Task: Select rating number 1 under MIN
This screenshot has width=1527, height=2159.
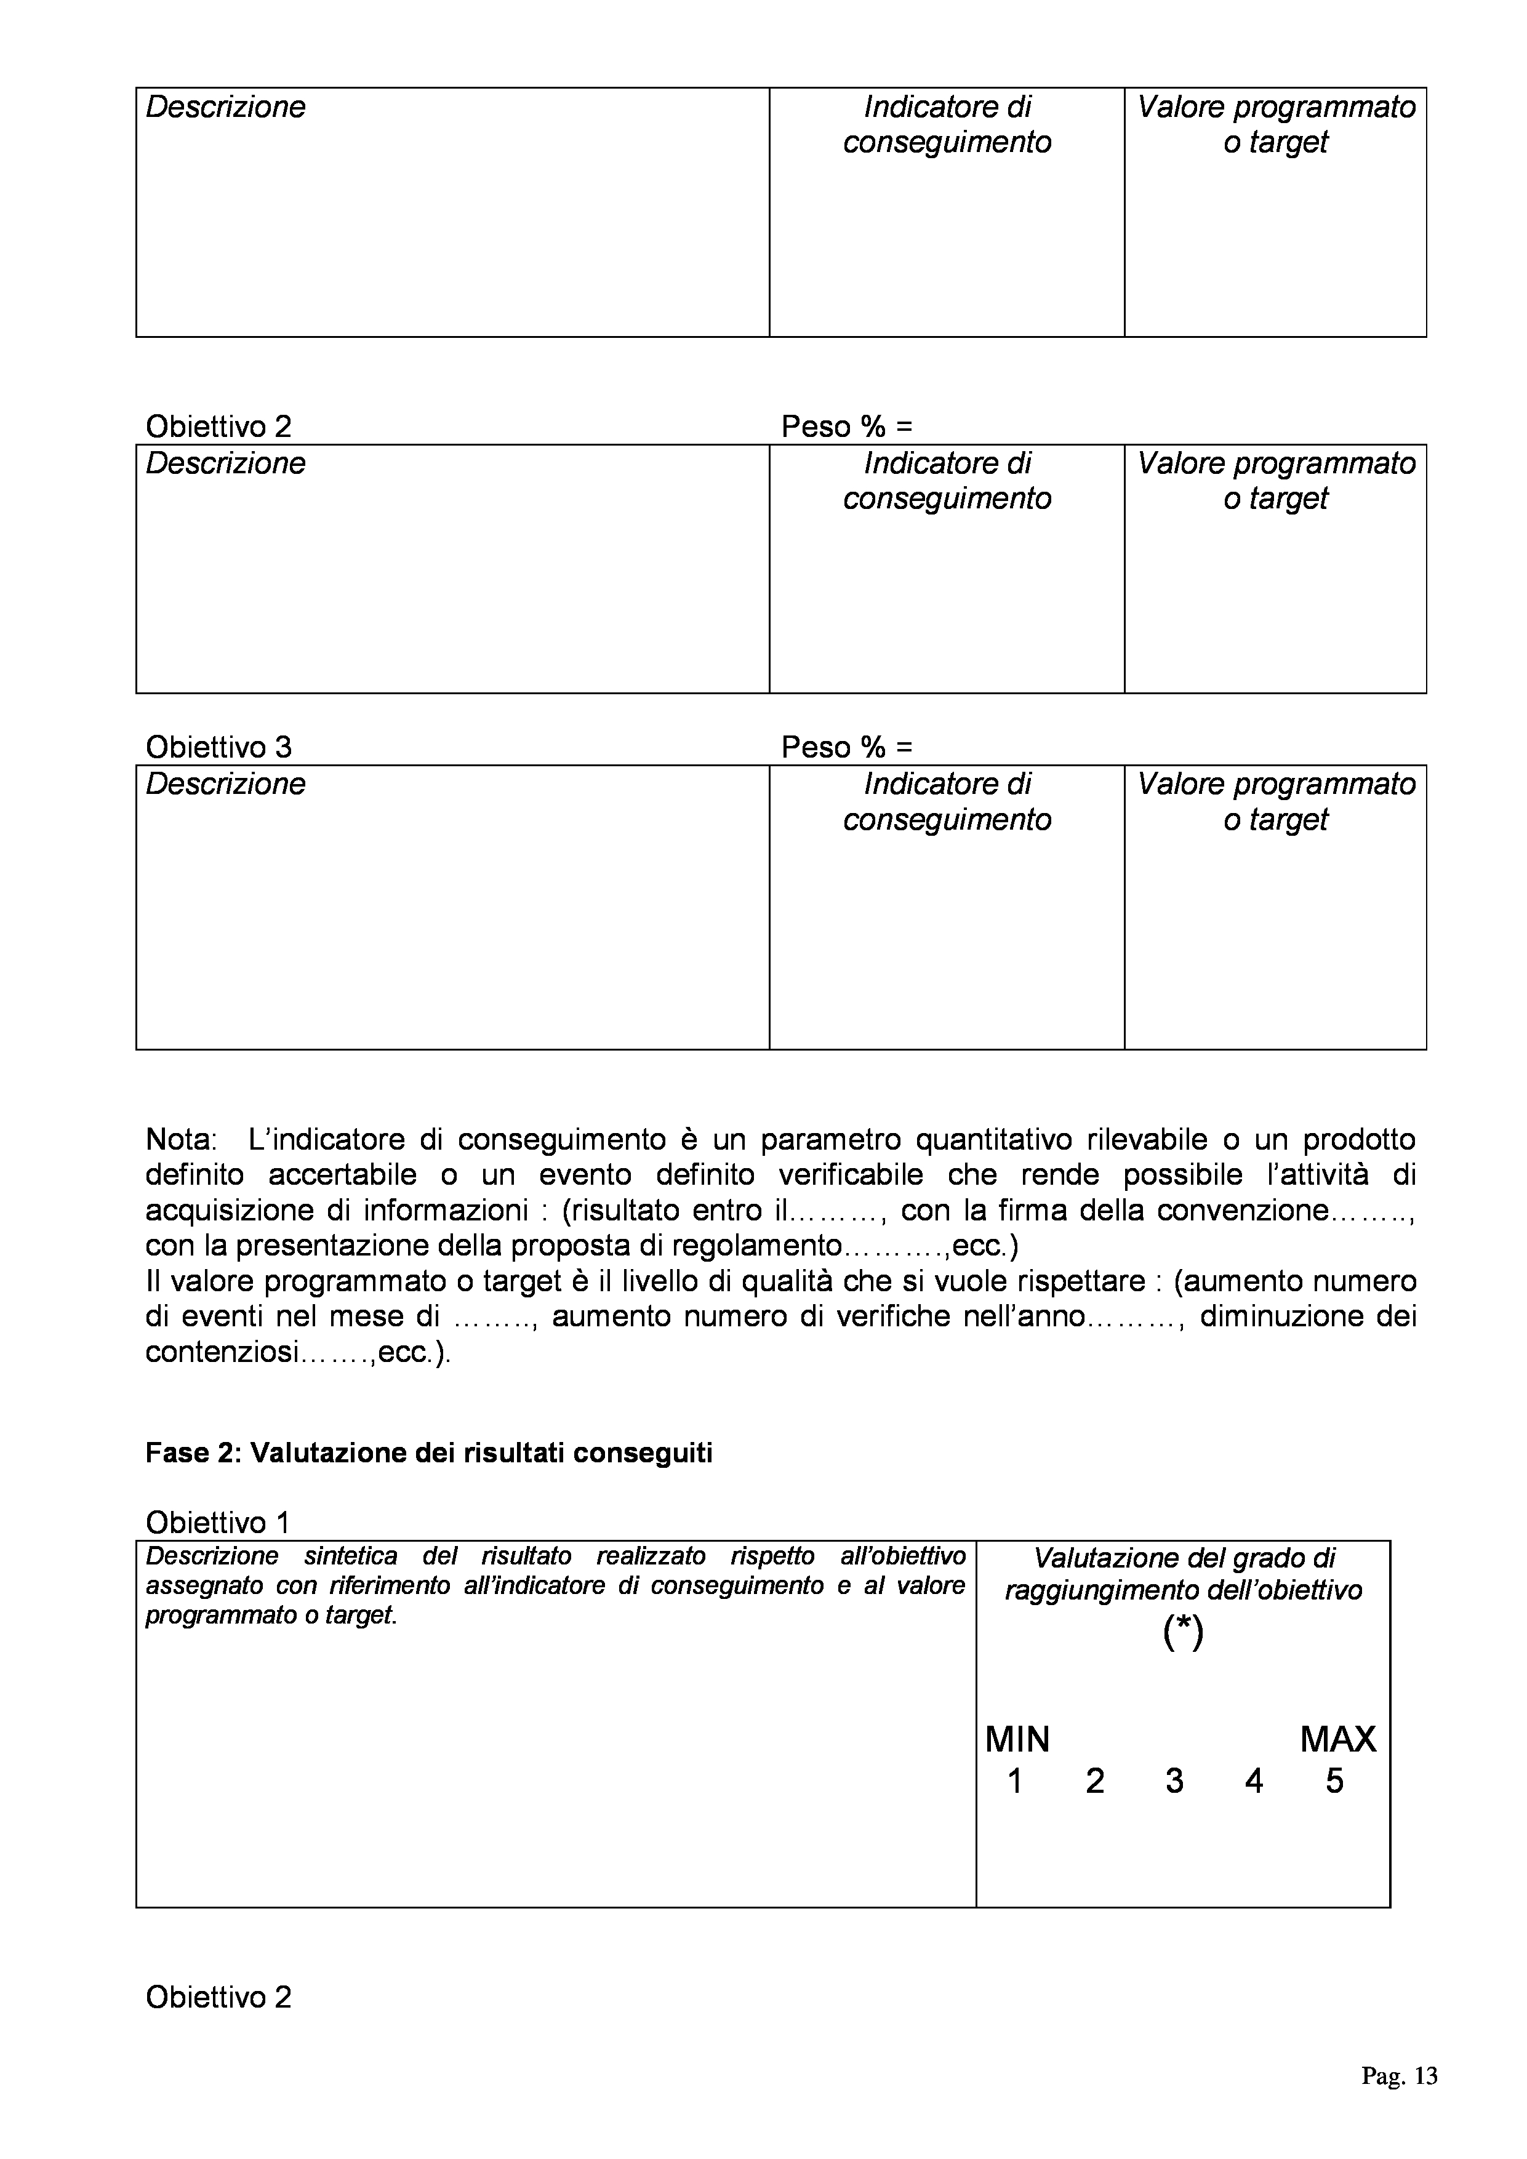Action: click(1014, 1781)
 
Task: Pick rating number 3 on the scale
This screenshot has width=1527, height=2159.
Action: click(1174, 1781)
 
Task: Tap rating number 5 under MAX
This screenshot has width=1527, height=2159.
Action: click(1334, 1781)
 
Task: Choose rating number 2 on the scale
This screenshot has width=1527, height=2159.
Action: click(1094, 1781)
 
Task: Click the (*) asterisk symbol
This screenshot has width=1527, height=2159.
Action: click(1183, 1634)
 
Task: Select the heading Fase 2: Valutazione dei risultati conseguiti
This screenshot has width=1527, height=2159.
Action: click(429, 1453)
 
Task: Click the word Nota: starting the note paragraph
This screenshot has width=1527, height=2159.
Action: click(180, 1140)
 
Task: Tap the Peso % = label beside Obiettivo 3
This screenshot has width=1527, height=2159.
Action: click(846, 748)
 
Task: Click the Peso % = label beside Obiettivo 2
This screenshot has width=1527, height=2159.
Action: click(846, 427)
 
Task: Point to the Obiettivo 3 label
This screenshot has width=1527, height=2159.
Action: click(218, 748)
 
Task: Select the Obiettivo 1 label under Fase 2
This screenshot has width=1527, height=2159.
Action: click(218, 1523)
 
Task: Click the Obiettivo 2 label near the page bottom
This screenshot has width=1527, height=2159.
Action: click(218, 1997)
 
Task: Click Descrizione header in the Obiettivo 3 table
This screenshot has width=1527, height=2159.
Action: click(226, 784)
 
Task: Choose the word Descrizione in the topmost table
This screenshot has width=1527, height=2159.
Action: click(226, 107)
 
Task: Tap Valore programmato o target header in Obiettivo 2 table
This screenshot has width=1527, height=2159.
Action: click(1275, 481)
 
